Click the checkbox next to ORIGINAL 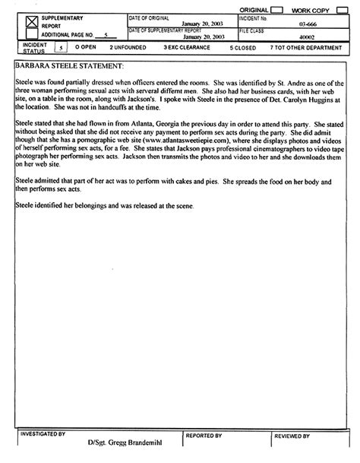click(277, 8)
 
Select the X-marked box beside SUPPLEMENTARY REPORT click(30, 24)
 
